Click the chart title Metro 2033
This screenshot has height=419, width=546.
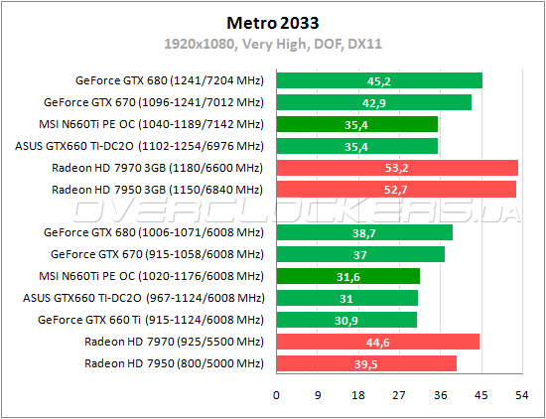click(x=272, y=22)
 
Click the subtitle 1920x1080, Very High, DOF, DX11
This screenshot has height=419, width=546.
click(x=272, y=44)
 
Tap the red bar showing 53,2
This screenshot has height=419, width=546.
click(x=397, y=168)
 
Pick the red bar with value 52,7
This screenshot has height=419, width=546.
click(x=396, y=190)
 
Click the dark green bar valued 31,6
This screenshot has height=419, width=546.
click(x=347, y=276)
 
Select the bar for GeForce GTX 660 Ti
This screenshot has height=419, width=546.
click(x=345, y=320)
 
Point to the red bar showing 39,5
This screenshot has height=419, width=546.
click(x=366, y=363)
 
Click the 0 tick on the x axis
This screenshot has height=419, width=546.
click(x=276, y=394)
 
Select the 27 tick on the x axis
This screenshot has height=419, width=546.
click(x=399, y=394)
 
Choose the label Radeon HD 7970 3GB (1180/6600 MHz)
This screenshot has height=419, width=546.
click(x=157, y=168)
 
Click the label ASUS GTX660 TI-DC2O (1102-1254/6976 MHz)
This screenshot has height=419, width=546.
click(x=141, y=146)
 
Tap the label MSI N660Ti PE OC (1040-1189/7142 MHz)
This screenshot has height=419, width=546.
click(x=150, y=124)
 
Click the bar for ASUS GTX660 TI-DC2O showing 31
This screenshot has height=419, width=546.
click(x=346, y=298)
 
